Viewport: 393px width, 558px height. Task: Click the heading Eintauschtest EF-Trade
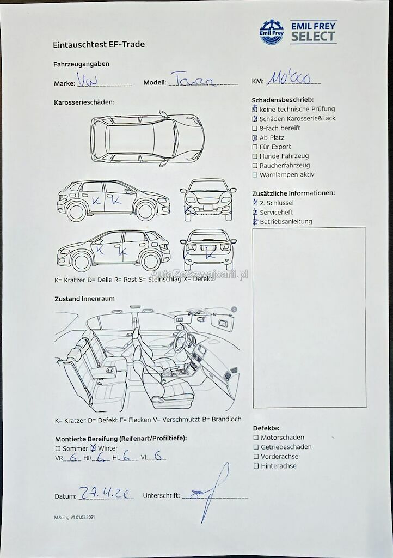click(99, 45)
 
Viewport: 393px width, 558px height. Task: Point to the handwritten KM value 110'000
click(288, 80)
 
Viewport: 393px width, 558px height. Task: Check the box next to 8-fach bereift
click(255, 129)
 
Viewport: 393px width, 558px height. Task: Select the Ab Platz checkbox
click(255, 138)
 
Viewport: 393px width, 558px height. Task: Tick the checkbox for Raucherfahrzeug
click(255, 166)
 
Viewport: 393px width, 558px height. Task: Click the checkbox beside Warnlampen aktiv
click(255, 175)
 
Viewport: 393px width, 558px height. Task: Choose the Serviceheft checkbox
click(255, 212)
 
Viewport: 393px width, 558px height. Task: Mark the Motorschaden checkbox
click(256, 438)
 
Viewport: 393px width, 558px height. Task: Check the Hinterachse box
click(256, 466)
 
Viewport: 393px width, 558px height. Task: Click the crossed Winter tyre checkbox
click(93, 448)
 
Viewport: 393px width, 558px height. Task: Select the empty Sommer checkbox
click(58, 448)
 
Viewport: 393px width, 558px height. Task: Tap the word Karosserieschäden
click(84, 102)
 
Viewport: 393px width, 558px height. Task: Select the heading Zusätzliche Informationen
click(293, 193)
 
